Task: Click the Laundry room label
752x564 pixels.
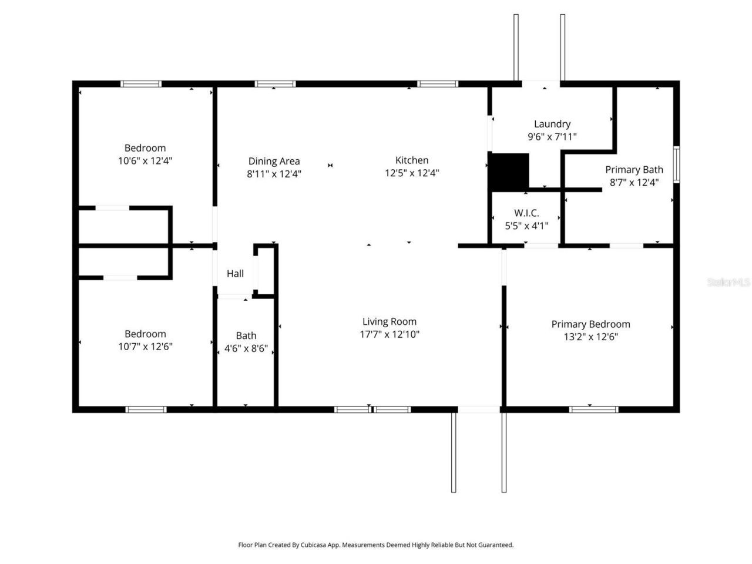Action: tap(552, 124)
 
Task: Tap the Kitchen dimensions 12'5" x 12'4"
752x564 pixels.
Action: tap(412, 173)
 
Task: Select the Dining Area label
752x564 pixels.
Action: tap(274, 161)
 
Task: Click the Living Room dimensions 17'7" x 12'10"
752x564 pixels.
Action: tap(390, 334)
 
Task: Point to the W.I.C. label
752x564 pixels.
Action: tap(526, 213)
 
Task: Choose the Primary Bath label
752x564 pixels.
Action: tap(634, 170)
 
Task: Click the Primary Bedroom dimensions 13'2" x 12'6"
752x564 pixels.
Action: tap(590, 337)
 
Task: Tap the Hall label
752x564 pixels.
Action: tap(235, 273)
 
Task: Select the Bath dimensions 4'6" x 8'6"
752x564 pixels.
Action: tap(246, 348)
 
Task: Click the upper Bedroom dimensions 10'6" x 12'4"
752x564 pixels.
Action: tap(145, 160)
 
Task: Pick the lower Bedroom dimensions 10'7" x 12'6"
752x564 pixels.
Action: tap(145, 347)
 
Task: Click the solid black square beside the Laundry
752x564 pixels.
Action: tap(509, 172)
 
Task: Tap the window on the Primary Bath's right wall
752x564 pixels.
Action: tap(676, 164)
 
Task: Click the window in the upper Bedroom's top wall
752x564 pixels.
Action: tap(141, 84)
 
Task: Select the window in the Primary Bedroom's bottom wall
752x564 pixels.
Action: tap(593, 409)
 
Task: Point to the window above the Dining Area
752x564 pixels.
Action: tap(275, 84)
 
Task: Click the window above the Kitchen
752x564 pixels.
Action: tap(438, 84)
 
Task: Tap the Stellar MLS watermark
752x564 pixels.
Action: tap(728, 282)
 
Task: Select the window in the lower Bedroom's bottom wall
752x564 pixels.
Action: tap(146, 409)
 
